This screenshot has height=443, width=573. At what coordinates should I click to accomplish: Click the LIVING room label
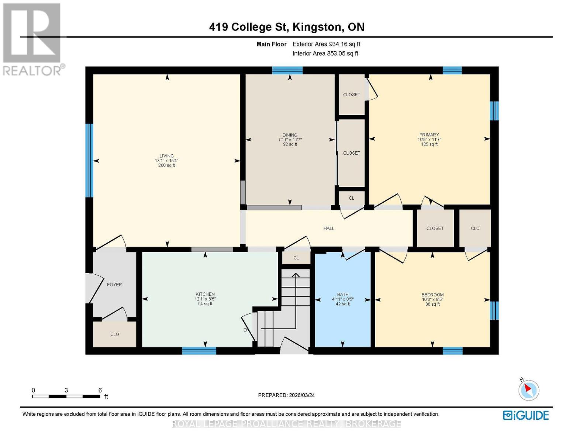point(166,156)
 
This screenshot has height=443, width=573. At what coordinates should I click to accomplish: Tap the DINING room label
point(290,135)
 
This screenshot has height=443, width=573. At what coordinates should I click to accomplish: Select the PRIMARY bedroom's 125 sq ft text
point(429,144)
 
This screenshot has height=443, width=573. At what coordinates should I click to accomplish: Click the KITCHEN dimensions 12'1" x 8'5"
point(205,299)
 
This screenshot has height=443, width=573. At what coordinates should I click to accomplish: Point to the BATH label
point(343,295)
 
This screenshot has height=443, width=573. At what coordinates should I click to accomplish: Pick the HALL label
point(329,228)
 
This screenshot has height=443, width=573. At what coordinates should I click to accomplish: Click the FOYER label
point(114,285)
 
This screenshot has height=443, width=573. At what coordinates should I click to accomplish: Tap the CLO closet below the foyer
point(114,334)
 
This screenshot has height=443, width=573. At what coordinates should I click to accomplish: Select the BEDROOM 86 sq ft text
point(432,304)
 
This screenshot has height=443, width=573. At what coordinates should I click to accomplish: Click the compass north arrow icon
point(529,390)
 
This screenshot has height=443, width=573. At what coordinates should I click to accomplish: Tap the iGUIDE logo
point(526,415)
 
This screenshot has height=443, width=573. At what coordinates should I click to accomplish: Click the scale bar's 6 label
point(100,390)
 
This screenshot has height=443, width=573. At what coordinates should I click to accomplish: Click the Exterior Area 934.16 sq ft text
point(326,44)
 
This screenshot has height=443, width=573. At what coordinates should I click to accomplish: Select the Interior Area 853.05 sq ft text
point(325,54)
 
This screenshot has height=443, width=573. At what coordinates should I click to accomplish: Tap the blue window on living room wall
point(89,161)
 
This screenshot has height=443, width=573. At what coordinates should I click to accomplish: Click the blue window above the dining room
point(287,70)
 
